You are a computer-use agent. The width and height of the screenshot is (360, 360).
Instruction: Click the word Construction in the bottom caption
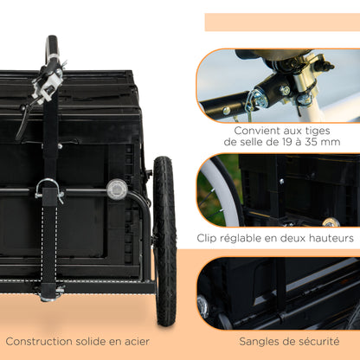[x=40, y=341]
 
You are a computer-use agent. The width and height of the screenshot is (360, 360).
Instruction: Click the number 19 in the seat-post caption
[x=278, y=141]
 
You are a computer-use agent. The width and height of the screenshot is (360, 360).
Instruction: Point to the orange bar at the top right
[x=282, y=22]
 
